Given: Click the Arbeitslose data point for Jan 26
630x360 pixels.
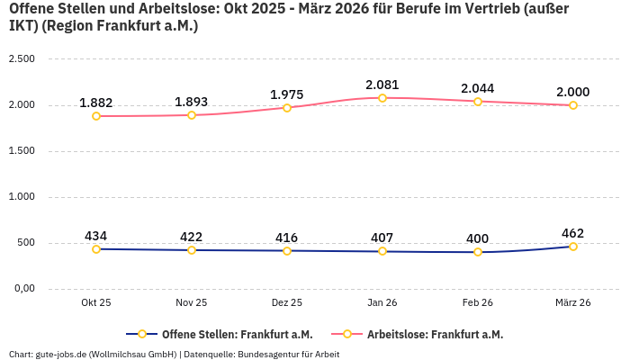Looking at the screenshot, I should pyautogui.click(x=382, y=98).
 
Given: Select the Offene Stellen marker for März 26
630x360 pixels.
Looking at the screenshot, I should pyautogui.click(x=573, y=247).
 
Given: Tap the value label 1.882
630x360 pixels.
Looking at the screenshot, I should pyautogui.click(x=96, y=103).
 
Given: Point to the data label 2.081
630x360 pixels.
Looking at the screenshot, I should pyautogui.click(x=382, y=84).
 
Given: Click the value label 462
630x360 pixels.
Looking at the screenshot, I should pyautogui.click(x=573, y=233).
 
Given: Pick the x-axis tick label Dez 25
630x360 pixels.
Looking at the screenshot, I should pyautogui.click(x=287, y=303).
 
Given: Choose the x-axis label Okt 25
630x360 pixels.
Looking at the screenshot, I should pyautogui.click(x=96, y=303).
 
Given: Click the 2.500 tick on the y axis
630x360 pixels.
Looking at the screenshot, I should pyautogui.click(x=22, y=59).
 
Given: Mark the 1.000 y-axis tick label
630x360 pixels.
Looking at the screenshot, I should pyautogui.click(x=22, y=197).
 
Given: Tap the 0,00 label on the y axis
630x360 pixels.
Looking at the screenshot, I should pyautogui.click(x=22, y=289).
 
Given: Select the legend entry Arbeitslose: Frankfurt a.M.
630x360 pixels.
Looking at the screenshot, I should pyautogui.click(x=435, y=334).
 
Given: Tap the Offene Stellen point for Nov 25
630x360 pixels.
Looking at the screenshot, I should pyautogui.click(x=192, y=250).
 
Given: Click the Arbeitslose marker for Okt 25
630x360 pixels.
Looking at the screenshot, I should pyautogui.click(x=96, y=116).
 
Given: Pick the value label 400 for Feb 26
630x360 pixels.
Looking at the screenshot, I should pyautogui.click(x=478, y=238).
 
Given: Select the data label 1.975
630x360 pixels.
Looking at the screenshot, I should pyautogui.click(x=287, y=94).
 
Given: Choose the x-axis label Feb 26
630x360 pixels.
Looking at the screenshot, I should pyautogui.click(x=478, y=303).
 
